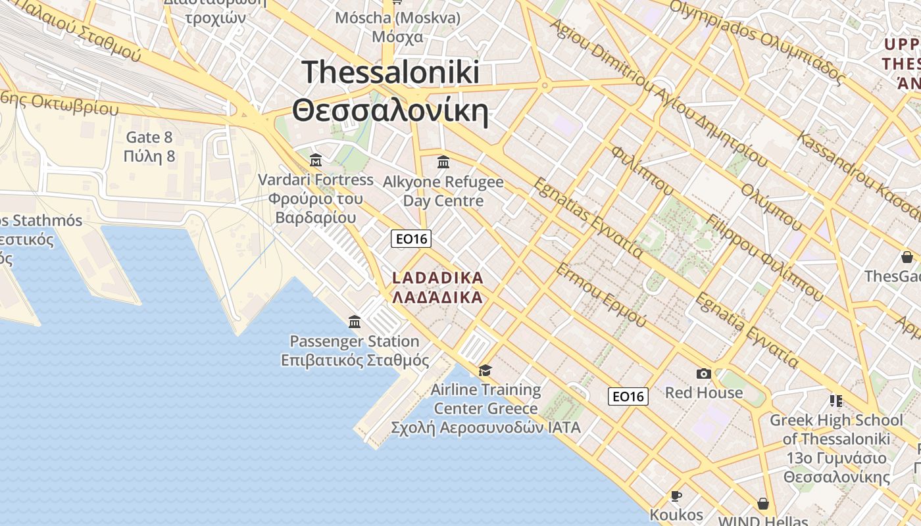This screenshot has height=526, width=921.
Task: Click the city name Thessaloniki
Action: click(x=391, y=72)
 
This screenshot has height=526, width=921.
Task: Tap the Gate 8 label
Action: click(x=149, y=137)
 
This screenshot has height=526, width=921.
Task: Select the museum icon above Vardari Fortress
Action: click(x=316, y=160)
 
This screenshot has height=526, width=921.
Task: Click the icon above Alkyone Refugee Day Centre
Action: click(x=443, y=162)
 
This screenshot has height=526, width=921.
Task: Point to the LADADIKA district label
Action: click(x=437, y=278)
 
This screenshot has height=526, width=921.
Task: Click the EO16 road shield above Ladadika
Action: click(x=411, y=239)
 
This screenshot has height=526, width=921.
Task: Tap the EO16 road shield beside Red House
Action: click(x=628, y=396)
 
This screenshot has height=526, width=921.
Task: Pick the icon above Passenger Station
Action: click(x=355, y=322)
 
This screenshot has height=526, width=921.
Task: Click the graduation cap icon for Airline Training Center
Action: click(x=485, y=370)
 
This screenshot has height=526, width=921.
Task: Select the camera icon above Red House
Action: click(x=703, y=373)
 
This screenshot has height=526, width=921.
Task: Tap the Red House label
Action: click(x=703, y=393)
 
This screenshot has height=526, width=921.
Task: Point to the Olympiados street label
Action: click(x=757, y=41)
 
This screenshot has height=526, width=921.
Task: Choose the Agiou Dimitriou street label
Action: click(x=658, y=92)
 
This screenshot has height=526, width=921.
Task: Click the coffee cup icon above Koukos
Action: click(x=676, y=496)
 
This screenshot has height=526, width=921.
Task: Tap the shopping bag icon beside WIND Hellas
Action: click(x=762, y=504)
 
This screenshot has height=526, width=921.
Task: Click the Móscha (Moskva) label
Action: click(x=397, y=18)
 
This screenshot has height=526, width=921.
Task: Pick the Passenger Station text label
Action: click(x=355, y=341)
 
